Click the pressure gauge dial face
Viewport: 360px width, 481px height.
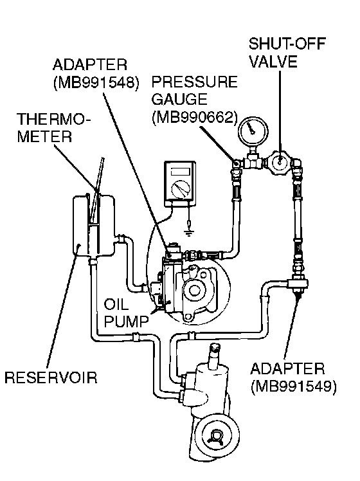253,131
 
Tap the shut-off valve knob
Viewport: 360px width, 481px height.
279,161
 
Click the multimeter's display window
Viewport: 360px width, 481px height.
180,171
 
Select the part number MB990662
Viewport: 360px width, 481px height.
195,118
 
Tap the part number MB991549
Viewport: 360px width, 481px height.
293,386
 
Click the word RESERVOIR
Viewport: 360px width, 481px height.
51,377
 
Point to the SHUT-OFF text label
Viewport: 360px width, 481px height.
287,44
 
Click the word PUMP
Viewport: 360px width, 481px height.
127,322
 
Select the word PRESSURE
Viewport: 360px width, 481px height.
194,82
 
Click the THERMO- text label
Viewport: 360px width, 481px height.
53,119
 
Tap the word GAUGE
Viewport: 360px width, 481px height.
180,100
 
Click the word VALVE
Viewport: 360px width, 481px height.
273,61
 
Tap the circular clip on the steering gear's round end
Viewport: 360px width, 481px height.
217,436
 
